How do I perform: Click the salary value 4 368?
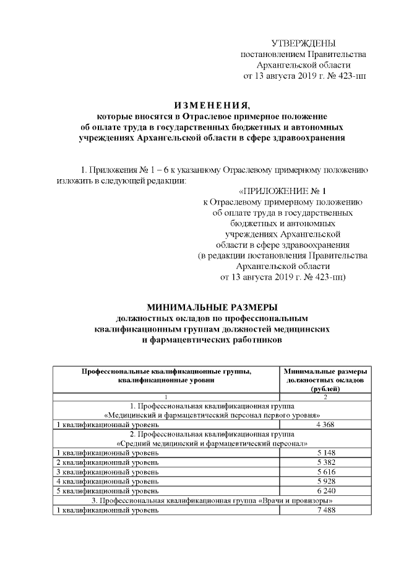click(x=325, y=425)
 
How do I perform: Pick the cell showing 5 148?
click(x=325, y=453)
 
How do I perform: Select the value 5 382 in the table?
click(x=325, y=462)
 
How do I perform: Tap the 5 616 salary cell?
click(x=325, y=472)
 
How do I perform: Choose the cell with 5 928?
click(x=325, y=481)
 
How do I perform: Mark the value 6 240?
click(x=325, y=490)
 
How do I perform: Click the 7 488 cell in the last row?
click(x=325, y=510)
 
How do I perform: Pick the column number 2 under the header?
click(x=325, y=396)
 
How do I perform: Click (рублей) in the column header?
click(x=325, y=388)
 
